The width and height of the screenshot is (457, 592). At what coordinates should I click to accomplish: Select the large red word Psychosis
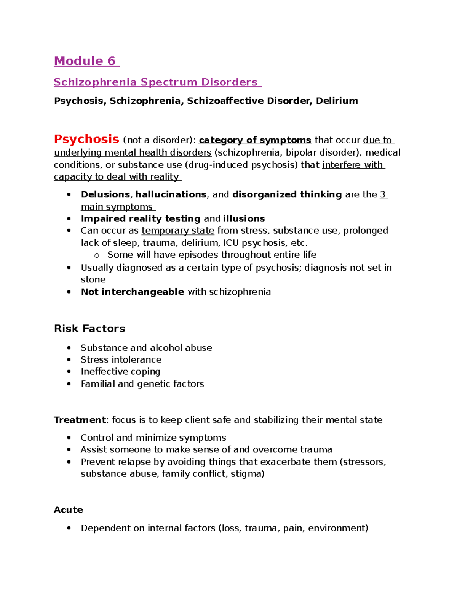click(x=86, y=139)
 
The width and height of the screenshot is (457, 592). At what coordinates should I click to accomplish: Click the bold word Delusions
click(x=105, y=194)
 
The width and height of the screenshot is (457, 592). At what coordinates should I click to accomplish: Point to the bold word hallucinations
click(x=171, y=194)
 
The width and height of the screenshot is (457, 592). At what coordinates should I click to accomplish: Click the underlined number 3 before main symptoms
click(x=383, y=194)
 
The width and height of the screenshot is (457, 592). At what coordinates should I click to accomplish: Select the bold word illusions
click(x=244, y=219)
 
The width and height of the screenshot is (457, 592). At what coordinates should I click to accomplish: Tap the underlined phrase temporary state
click(x=178, y=231)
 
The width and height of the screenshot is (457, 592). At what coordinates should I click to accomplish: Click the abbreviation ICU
click(x=231, y=243)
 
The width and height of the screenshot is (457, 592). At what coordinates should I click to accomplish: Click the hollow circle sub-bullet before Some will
click(x=97, y=255)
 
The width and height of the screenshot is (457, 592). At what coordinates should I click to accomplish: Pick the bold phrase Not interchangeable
click(x=133, y=292)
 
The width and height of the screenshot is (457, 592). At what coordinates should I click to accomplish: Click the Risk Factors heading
click(x=89, y=329)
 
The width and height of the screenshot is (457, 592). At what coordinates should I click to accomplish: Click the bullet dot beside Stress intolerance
click(x=69, y=359)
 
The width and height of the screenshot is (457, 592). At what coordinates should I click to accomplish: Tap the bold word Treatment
click(x=80, y=420)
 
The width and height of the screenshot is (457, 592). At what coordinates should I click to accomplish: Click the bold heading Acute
click(x=69, y=510)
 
